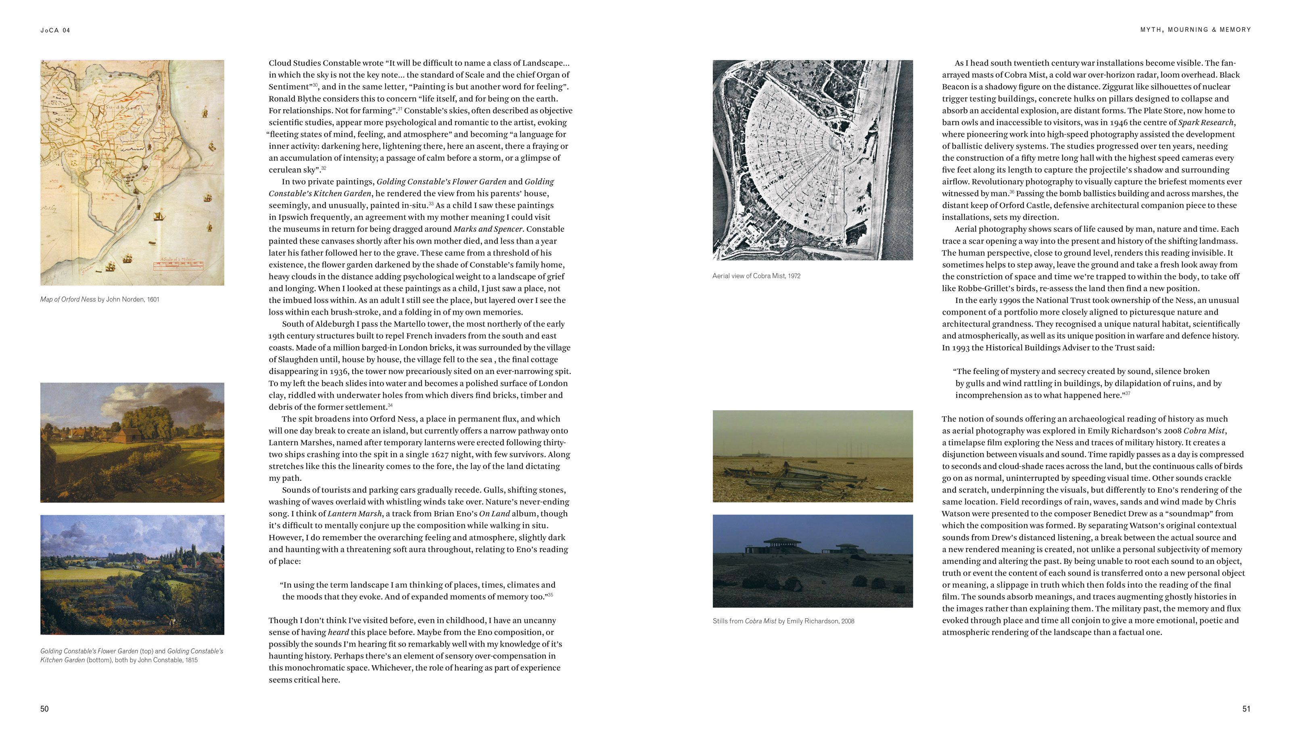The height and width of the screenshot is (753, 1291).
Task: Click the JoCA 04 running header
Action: point(55,30)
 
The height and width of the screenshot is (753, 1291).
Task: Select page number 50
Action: point(44,709)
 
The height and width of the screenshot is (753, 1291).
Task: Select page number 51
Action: point(1246,709)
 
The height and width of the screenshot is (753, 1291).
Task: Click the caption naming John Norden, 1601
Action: point(100,300)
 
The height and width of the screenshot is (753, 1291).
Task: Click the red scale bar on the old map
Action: point(178,265)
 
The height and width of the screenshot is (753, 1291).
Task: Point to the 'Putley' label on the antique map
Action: point(49,209)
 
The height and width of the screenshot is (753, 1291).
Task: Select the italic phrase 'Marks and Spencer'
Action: point(488,229)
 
